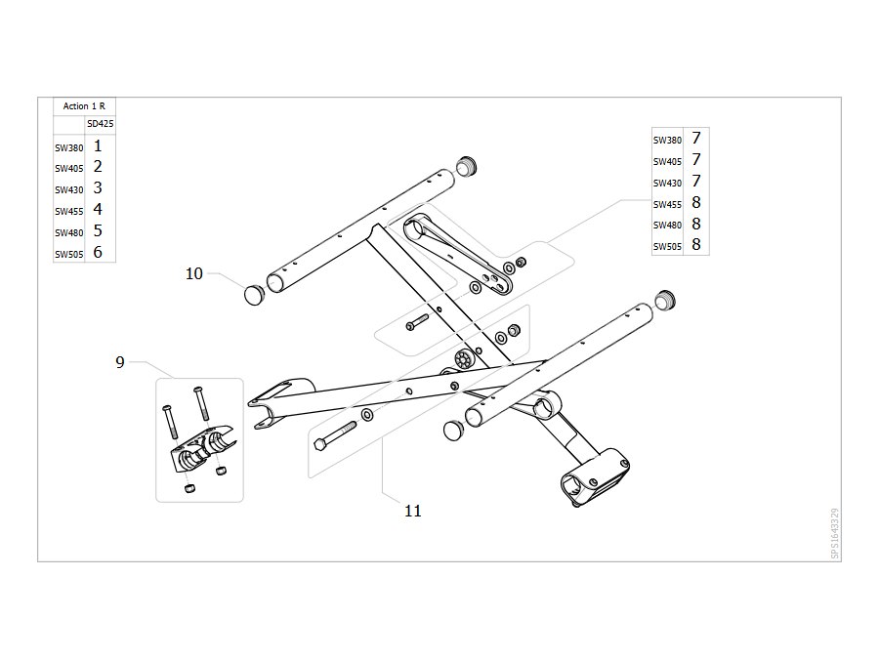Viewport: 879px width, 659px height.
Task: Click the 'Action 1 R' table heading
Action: pyautogui.click(x=84, y=105)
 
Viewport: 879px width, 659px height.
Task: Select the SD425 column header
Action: pyautogui.click(x=101, y=124)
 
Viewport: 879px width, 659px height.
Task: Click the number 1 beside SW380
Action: pyautogui.click(x=98, y=146)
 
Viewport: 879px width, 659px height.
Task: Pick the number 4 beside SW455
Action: pyautogui.click(x=98, y=210)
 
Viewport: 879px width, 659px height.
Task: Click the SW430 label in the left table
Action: pyautogui.click(x=69, y=190)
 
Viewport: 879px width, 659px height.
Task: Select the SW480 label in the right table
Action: pyautogui.click(x=667, y=226)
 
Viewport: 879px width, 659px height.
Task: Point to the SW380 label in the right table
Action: pyautogui.click(x=667, y=140)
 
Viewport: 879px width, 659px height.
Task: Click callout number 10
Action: pyautogui.click(x=194, y=273)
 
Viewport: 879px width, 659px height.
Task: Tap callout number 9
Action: pyautogui.click(x=120, y=362)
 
